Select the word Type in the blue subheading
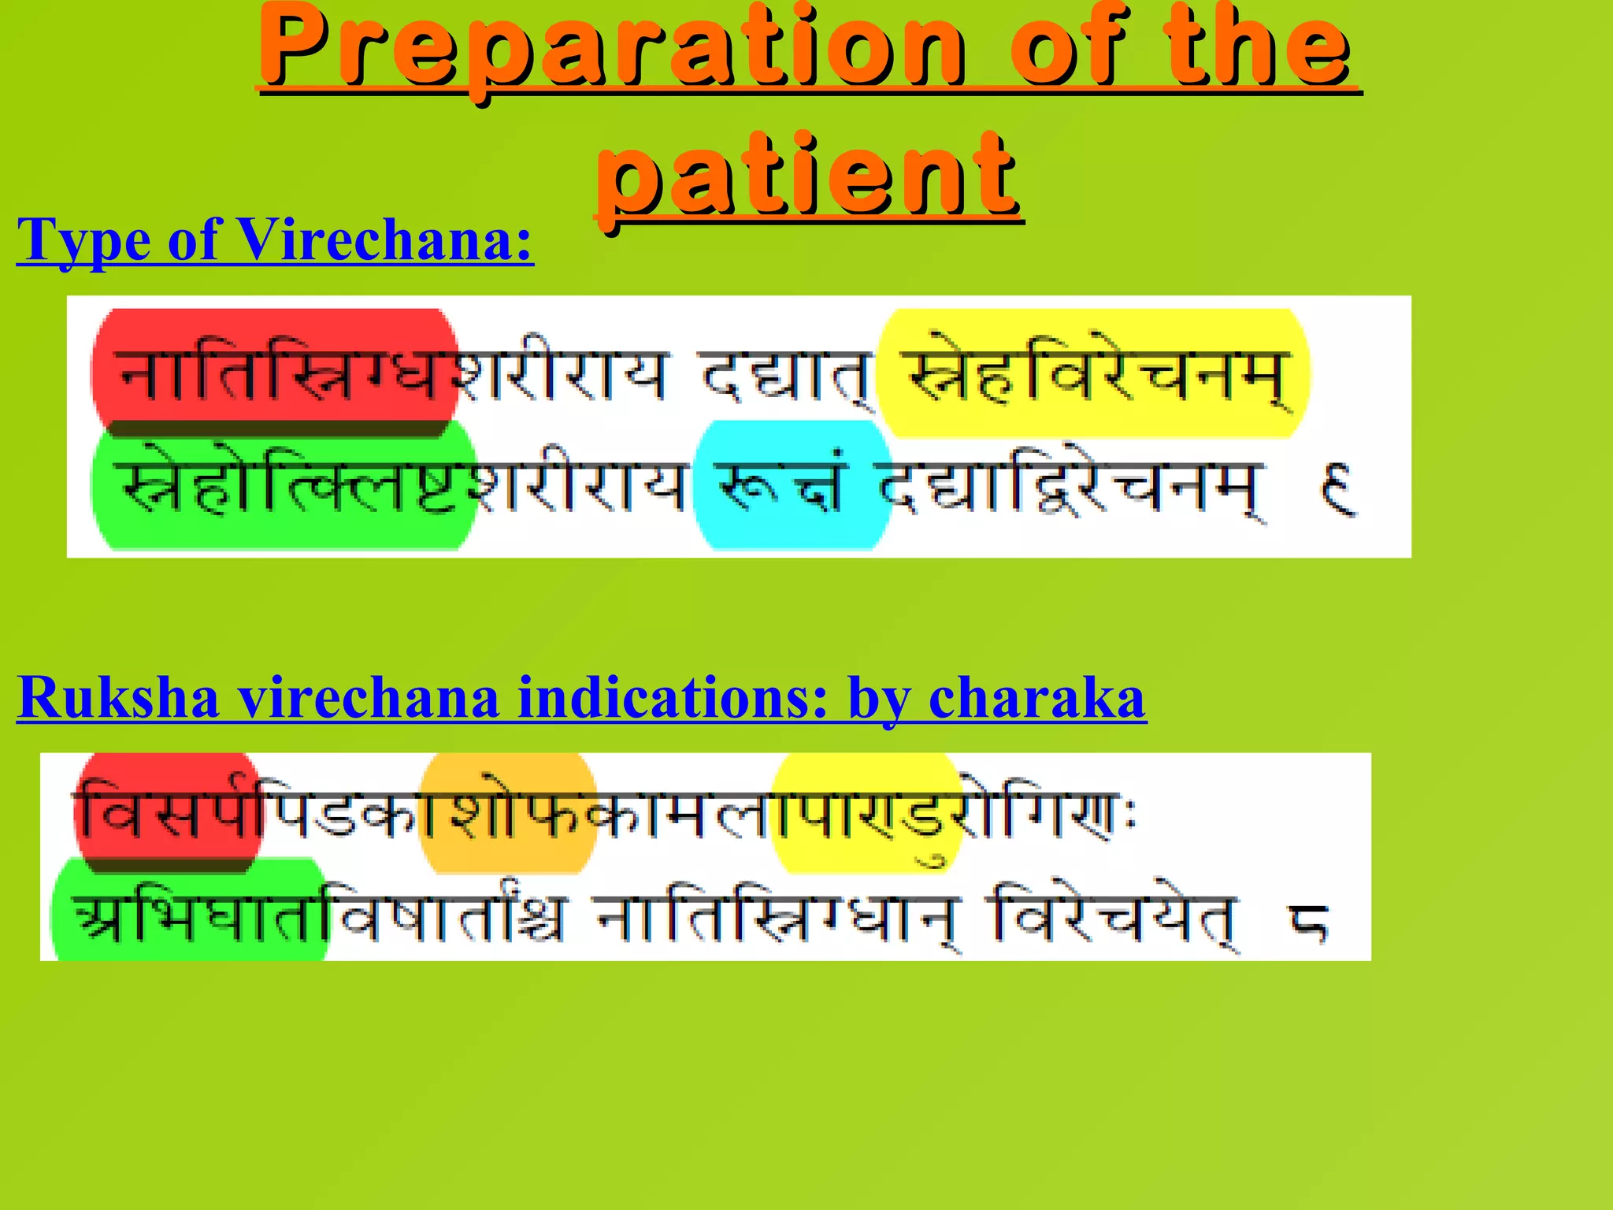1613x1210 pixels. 83,241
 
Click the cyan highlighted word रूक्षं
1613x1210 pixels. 792,484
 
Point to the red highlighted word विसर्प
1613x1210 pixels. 169,811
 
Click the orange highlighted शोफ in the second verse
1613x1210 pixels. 508,811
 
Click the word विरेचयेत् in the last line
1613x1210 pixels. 1114,918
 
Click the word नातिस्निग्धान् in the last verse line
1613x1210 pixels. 776,918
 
